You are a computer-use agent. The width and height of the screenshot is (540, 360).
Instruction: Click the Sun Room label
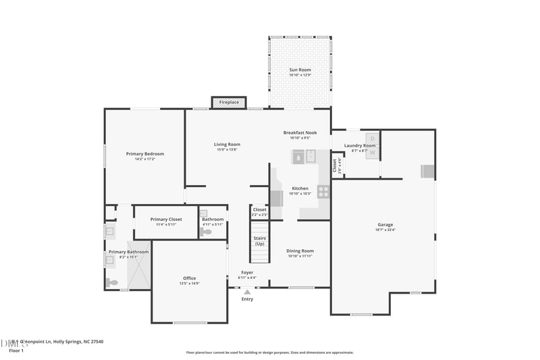300,70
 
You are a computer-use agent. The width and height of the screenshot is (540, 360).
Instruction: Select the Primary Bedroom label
144,154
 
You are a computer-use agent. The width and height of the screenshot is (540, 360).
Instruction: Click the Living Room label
227,145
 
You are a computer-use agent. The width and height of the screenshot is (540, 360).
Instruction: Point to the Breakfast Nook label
300,133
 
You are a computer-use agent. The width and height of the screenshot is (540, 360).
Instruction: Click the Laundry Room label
359,145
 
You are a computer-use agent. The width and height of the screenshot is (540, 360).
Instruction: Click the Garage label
385,225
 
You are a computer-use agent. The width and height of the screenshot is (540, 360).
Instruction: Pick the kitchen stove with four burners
323,191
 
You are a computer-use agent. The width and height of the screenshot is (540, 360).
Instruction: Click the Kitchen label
300,188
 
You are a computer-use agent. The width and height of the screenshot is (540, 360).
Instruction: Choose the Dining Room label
300,251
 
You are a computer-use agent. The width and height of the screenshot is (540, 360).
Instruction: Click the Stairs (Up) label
259,240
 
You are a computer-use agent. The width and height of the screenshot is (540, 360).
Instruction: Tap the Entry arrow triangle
247,292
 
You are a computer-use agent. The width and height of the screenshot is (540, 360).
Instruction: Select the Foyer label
248,273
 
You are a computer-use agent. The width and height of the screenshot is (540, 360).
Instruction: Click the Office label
189,278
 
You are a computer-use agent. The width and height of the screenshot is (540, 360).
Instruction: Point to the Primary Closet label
166,220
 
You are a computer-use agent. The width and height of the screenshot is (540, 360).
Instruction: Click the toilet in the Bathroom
206,232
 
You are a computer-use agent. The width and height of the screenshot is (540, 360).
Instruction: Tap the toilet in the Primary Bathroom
112,282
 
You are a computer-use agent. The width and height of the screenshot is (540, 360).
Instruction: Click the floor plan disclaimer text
269,353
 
